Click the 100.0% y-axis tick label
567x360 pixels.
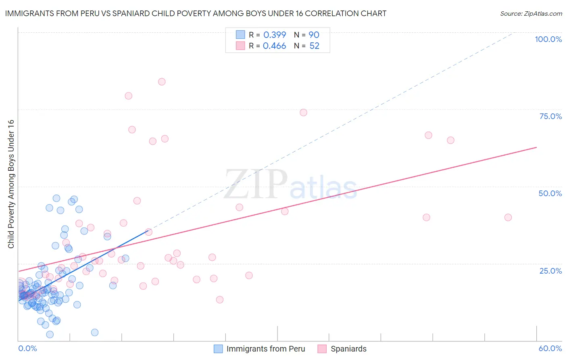click(548, 39)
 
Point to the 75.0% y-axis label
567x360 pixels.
click(550, 116)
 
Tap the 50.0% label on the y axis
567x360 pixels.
click(550, 193)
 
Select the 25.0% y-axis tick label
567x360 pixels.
click(550, 270)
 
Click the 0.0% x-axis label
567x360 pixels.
click(27, 348)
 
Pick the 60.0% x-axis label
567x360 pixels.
click(550, 348)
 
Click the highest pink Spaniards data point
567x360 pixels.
click(162, 82)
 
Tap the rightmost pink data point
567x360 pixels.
click(508, 218)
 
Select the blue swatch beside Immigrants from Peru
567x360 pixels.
click(218, 349)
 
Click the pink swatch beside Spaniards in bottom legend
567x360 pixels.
click(322, 349)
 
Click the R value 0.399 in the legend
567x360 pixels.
click(275, 35)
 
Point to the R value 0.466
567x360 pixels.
click(274, 46)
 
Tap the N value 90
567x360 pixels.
click(314, 35)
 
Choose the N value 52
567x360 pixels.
click(314, 46)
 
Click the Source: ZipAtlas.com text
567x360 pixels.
click(531, 14)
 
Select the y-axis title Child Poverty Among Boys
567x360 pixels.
click(11, 184)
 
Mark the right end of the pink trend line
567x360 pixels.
click(537, 147)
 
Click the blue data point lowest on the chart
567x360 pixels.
click(50, 335)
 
